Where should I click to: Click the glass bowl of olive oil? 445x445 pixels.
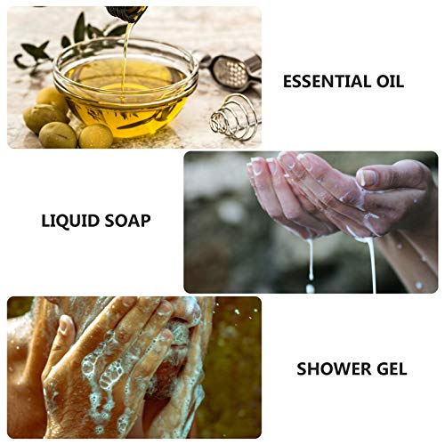point(125,89)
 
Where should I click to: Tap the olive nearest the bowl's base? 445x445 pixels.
point(95,136)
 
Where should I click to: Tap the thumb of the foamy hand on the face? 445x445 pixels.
point(64,333)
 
